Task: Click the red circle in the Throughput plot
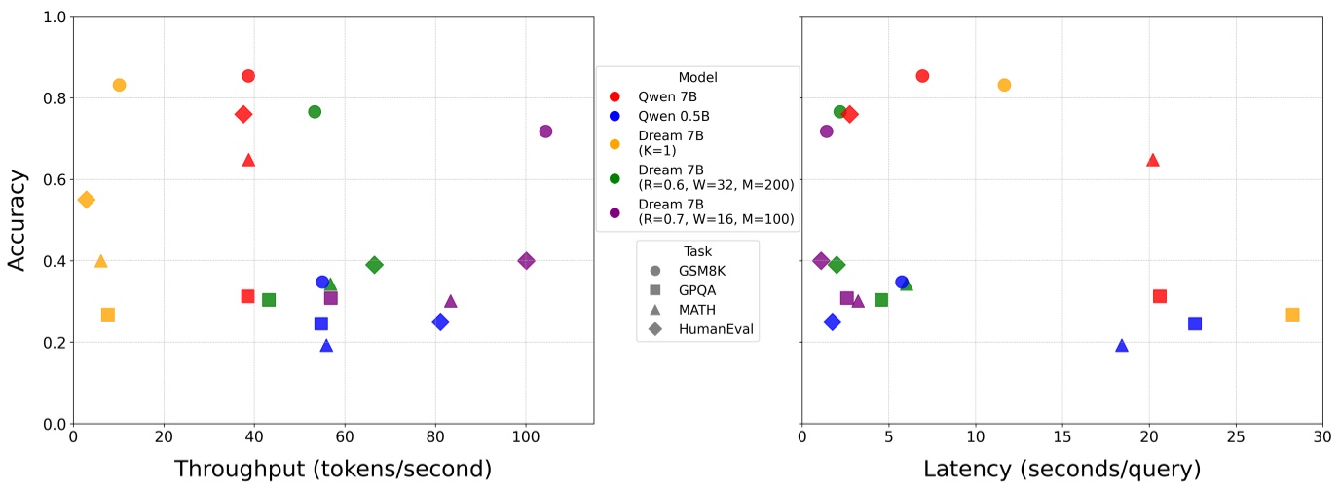click(x=248, y=76)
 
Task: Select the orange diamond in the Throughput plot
click(x=87, y=200)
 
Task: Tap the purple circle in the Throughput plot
click(x=545, y=132)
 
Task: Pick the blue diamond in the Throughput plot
click(x=440, y=322)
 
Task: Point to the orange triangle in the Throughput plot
click(x=100, y=261)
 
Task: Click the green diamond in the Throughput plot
click(x=374, y=265)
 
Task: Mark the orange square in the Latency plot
click(x=1292, y=315)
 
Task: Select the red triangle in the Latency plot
click(x=1153, y=160)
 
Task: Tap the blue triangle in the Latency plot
click(x=1122, y=346)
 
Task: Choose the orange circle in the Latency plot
click(x=1004, y=85)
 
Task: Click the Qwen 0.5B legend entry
click(x=666, y=116)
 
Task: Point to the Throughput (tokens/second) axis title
click(x=332, y=470)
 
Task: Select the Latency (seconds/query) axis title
click(x=1061, y=470)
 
